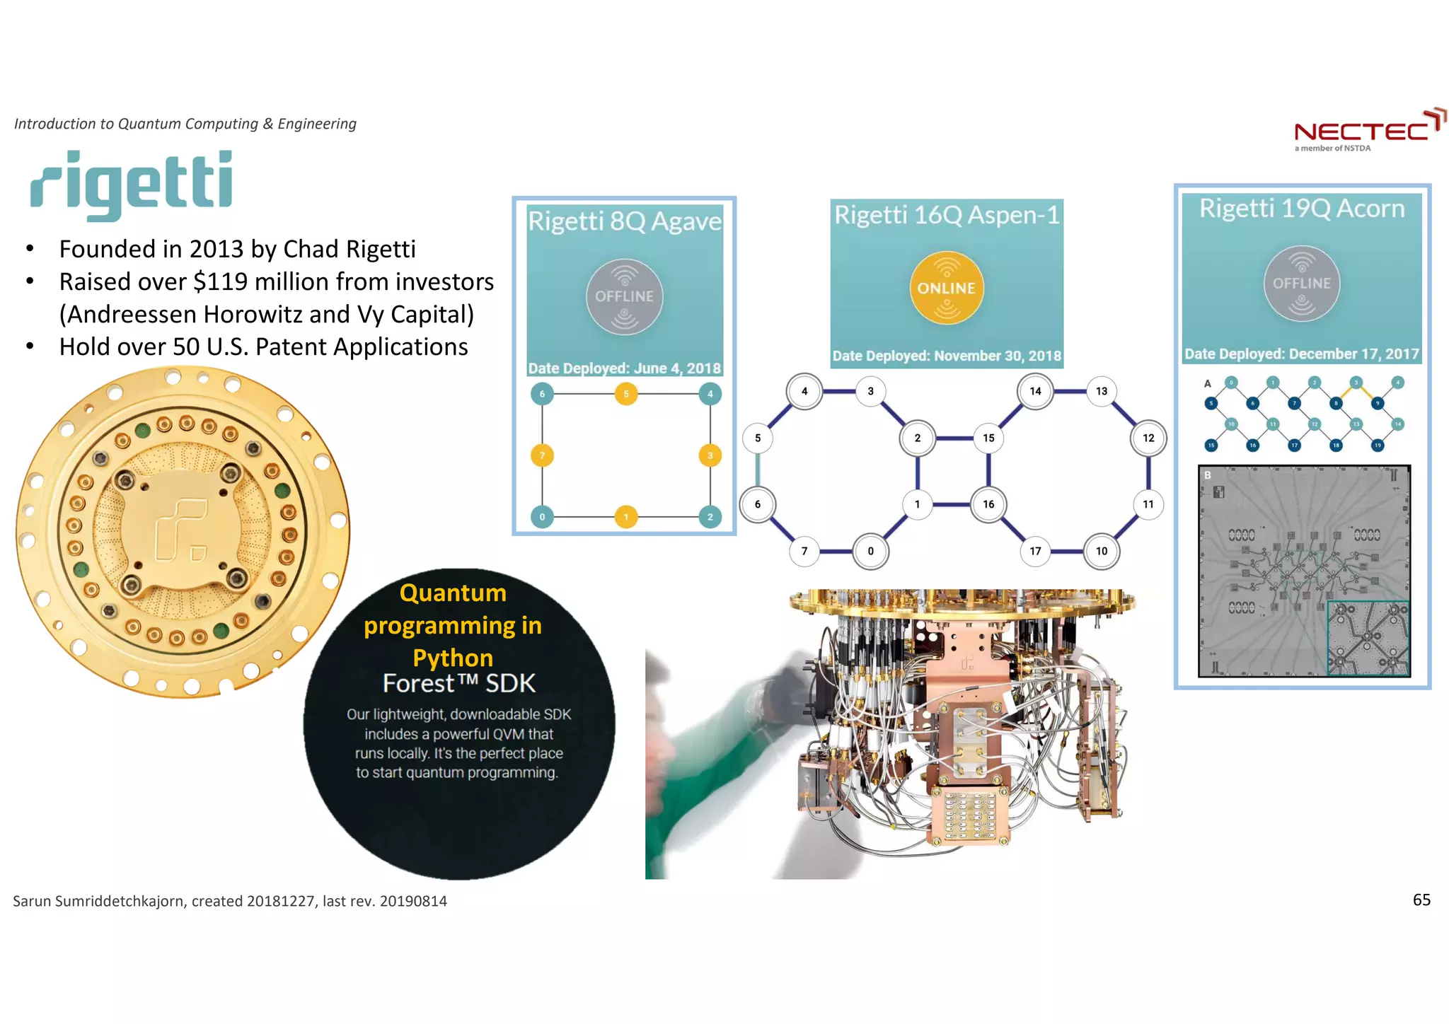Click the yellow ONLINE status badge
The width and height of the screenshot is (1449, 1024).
pos(946,288)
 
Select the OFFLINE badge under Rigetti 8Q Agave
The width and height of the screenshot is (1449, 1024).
pos(624,296)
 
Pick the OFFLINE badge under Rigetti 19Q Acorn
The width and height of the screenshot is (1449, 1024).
pos(1301,283)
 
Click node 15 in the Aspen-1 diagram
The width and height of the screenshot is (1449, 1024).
pos(988,438)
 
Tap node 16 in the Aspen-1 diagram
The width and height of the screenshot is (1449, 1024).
pos(988,504)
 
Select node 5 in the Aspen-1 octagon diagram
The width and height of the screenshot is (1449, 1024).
pos(758,438)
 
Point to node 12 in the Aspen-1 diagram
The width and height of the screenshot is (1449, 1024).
pos(1148,438)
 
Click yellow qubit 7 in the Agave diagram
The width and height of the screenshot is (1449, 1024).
pos(542,455)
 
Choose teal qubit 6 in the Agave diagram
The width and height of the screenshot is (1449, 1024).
pos(542,394)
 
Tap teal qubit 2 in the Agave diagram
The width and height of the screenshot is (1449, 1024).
pos(710,517)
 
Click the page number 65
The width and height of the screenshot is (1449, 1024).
pos(1421,900)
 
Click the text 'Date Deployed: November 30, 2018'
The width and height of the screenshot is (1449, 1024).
pos(947,356)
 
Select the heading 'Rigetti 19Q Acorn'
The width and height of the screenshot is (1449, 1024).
pos(1302,209)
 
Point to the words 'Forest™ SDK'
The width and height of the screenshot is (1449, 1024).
pos(458,684)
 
